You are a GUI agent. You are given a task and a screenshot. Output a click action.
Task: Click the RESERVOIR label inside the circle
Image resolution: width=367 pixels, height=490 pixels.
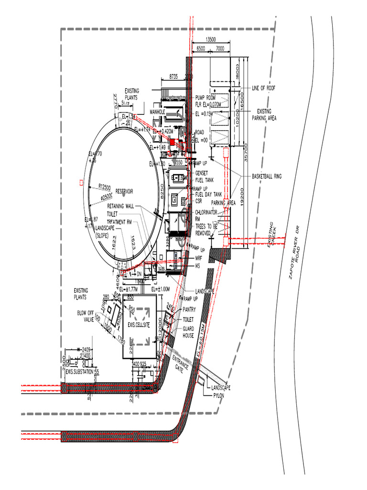tap(124, 191)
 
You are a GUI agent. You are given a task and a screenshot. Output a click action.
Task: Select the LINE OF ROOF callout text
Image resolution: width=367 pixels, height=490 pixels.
tap(263, 88)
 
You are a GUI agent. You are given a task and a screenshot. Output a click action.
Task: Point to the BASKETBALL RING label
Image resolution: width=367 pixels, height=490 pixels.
tap(267, 177)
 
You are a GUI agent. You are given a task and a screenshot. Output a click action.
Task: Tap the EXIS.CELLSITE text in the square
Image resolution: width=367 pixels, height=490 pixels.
tap(139, 325)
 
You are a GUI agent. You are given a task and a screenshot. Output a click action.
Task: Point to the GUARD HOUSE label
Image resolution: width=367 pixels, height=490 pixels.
tap(188, 332)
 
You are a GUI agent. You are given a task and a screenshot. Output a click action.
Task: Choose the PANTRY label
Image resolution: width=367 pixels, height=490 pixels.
tap(189, 310)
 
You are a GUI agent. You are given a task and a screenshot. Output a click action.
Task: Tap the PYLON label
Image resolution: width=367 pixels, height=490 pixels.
tap(218, 396)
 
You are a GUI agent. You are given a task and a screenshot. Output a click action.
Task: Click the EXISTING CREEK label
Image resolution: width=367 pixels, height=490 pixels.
tap(272, 234)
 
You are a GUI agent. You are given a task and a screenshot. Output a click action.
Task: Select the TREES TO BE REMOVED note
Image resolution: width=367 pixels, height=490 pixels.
tap(206, 229)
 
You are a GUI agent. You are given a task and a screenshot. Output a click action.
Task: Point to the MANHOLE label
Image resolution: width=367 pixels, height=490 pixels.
tap(157, 112)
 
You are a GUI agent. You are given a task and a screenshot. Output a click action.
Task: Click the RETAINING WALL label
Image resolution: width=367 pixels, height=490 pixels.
tap(120, 207)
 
